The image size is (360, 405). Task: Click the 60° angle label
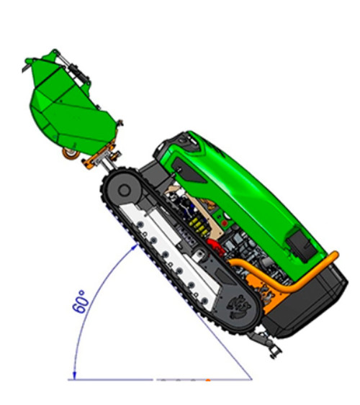pos(81,301)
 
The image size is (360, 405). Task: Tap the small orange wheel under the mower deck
pos(71,154)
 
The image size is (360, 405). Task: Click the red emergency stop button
pos(225,223)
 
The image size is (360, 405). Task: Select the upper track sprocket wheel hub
pos(124,191)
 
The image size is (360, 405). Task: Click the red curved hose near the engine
pos(215,247)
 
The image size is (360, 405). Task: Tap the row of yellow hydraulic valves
pos(199,226)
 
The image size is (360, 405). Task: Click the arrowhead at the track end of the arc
pos(135,247)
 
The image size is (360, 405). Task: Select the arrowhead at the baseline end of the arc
pos(74,376)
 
